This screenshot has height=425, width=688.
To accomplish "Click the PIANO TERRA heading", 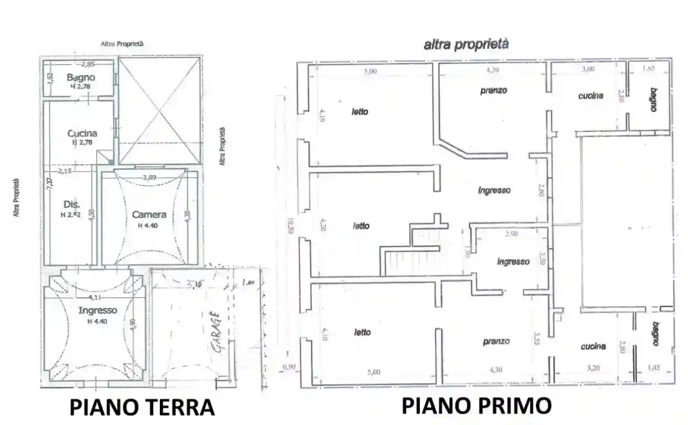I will coord(142,407).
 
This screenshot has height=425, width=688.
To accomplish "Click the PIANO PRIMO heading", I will coord(476,406).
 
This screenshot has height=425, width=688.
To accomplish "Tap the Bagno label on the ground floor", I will coord(81,77).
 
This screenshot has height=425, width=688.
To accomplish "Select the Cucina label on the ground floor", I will coord(82,133).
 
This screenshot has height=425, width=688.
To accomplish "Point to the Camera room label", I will coord(149,215).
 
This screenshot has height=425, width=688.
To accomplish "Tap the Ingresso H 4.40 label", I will coord(97,310).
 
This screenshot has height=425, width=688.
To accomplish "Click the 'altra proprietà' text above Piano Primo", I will coord(466,45).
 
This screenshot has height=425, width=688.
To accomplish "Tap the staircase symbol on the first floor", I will coord(398,262).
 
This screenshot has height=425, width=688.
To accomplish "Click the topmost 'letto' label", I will coord(360,112).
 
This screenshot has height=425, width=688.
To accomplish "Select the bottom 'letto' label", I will coord(362,332).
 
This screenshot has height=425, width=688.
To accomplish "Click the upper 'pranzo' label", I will coord(493,90).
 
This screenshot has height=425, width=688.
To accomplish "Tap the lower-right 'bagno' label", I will coord(655,334).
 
